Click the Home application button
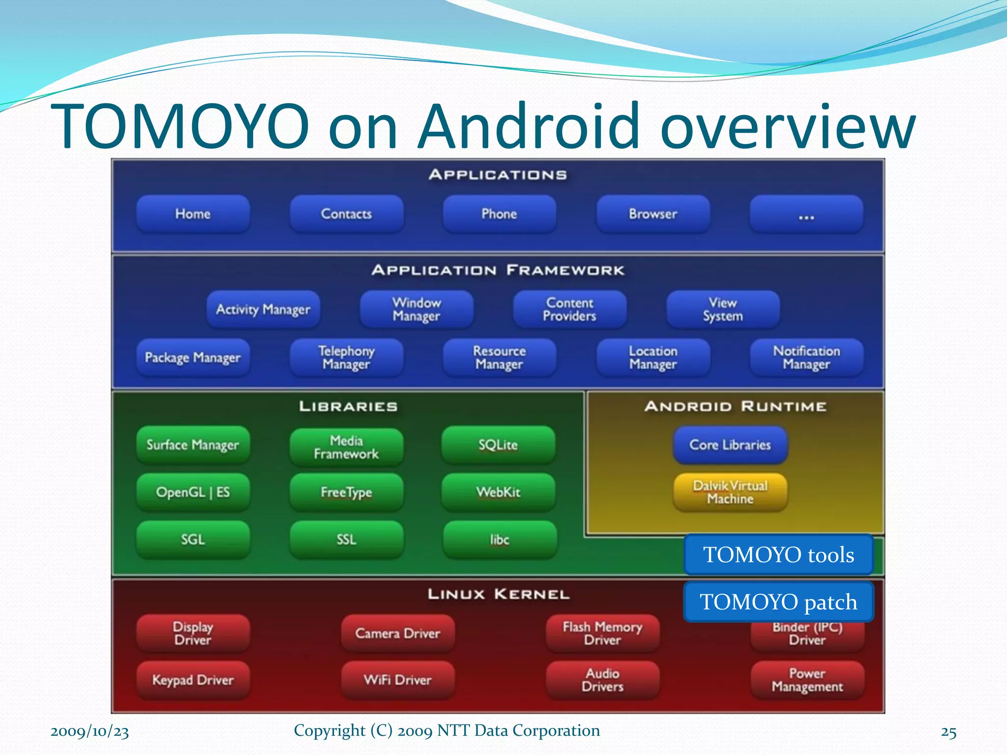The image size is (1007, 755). [193, 214]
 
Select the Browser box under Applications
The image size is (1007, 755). [653, 214]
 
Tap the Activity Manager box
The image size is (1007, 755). [263, 309]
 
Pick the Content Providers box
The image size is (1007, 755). [569, 309]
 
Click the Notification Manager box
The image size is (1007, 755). [806, 357]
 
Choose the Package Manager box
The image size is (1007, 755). [193, 357]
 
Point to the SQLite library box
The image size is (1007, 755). [498, 445]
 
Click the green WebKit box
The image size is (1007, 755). [498, 492]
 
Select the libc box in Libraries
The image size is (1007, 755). [500, 540]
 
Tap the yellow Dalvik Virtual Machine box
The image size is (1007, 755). [730, 492]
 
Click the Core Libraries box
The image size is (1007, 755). [730, 445]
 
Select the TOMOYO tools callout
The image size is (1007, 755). [778, 554]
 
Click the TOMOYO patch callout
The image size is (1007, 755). [778, 602]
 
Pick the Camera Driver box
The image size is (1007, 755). [397, 633]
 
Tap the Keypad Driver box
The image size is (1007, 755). [193, 680]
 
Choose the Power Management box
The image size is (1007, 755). [807, 680]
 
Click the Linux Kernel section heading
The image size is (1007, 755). [498, 594]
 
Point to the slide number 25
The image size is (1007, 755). [948, 732]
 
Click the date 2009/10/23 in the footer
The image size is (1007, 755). [89, 731]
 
